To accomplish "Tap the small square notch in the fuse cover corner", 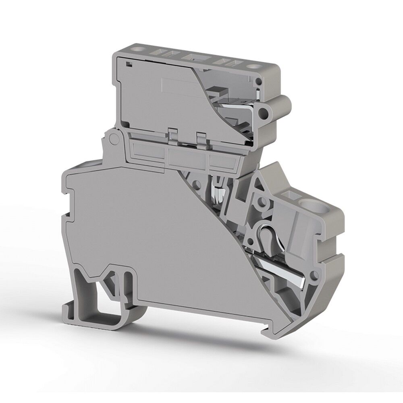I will [128, 64].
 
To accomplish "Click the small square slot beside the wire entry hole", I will [289, 195].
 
